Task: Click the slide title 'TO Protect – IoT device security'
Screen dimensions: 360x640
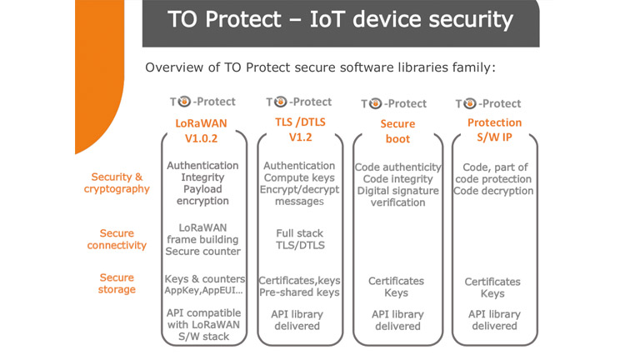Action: click(x=340, y=20)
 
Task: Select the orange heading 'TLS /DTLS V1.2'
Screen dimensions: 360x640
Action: click(x=299, y=130)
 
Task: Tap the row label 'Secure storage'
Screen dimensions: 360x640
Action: click(x=117, y=284)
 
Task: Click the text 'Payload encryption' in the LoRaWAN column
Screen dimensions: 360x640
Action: click(x=202, y=195)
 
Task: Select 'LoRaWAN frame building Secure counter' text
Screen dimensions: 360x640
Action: click(x=202, y=239)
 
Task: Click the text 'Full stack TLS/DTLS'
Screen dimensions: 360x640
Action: click(x=299, y=240)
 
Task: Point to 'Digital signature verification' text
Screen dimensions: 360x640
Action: click(x=397, y=197)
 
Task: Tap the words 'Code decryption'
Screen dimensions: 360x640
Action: click(x=493, y=191)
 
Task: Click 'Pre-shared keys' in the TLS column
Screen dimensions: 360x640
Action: click(x=299, y=292)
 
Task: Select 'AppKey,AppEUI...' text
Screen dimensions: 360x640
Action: click(x=202, y=292)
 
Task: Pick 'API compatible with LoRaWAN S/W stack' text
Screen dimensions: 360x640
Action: click(x=202, y=324)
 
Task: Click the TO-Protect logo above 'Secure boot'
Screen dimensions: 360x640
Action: click(x=394, y=104)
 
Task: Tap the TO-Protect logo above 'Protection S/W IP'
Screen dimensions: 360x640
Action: click(x=488, y=104)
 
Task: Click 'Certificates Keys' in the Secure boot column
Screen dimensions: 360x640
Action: click(x=397, y=287)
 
